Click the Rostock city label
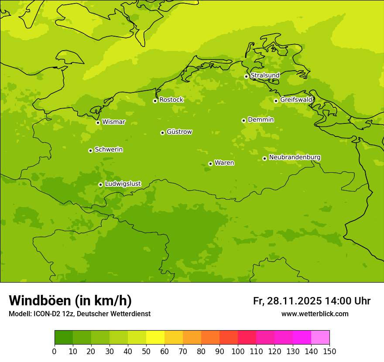click(x=171, y=100)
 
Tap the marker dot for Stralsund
click(x=246, y=76)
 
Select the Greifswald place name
click(x=296, y=100)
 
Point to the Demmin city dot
click(x=243, y=120)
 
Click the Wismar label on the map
click(x=113, y=122)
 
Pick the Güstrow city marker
click(x=162, y=133)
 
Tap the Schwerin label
click(x=109, y=150)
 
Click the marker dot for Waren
click(x=210, y=164)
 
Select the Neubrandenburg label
click(x=295, y=157)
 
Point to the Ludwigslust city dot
click(x=100, y=184)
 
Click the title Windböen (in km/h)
click(x=70, y=301)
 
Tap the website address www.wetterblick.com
click(x=315, y=314)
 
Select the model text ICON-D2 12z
click(x=51, y=314)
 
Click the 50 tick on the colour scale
click(x=146, y=352)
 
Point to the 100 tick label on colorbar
click(x=238, y=352)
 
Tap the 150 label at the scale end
click(x=329, y=352)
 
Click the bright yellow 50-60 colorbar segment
click(x=155, y=338)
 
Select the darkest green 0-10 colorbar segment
click(x=64, y=338)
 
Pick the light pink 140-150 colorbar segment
click(x=320, y=338)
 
